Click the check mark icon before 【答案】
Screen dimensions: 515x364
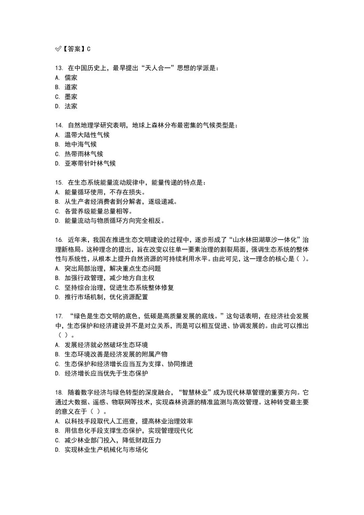pyautogui.click(x=58, y=49)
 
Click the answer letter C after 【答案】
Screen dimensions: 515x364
pyautogui.click(x=89, y=49)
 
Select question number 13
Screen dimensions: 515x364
pyautogui.click(x=59, y=68)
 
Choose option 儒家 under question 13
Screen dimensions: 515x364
pyautogui.click(x=71, y=78)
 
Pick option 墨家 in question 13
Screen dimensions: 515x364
pyautogui.click(x=71, y=97)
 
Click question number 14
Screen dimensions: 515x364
pyautogui.click(x=59, y=126)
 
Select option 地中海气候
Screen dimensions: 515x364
pyautogui.click(x=81, y=144)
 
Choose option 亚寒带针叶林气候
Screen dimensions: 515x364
pyautogui.click(x=90, y=163)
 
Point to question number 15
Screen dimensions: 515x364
pyautogui.click(x=59, y=183)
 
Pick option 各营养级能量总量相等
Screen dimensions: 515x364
pyautogui.click(x=98, y=211)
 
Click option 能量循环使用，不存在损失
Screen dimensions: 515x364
pyautogui.click(x=105, y=192)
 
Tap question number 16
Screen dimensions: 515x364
pyautogui.click(x=59, y=240)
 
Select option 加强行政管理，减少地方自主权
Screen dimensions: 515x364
pyautogui.click(x=109, y=278)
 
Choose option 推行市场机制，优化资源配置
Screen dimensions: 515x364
pyautogui.click(x=106, y=297)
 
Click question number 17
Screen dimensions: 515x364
pyautogui.click(x=59, y=316)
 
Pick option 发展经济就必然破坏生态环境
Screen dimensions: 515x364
pyautogui.click(x=106, y=345)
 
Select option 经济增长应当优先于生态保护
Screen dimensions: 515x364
pyautogui.click(x=106, y=373)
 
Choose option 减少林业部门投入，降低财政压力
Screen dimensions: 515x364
pyautogui.click(x=113, y=440)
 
